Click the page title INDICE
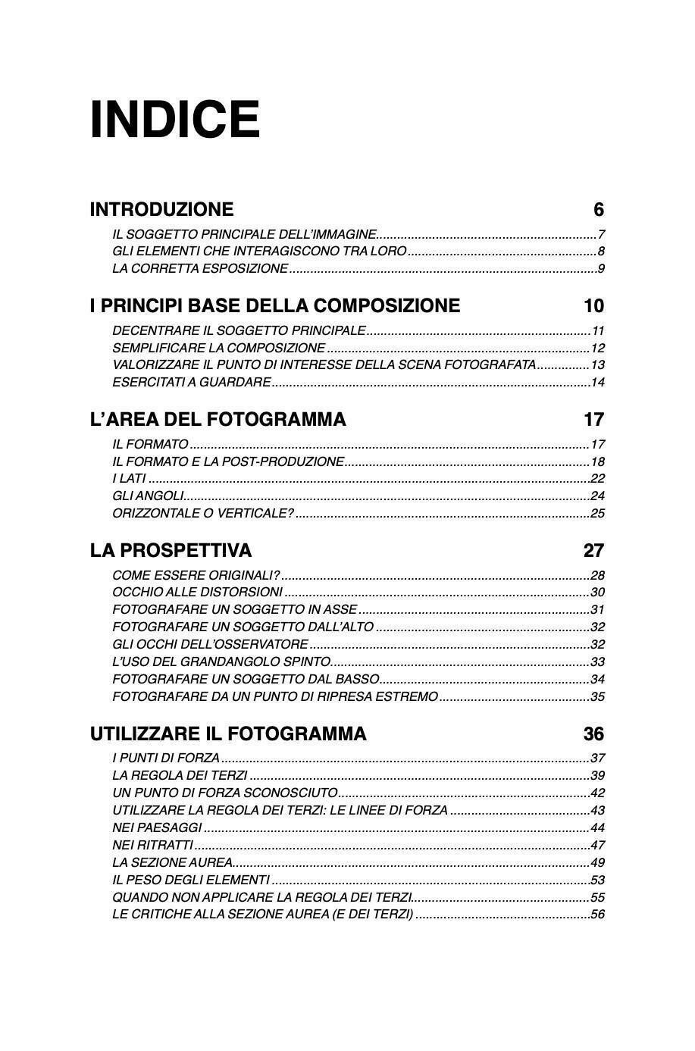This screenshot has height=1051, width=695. [x=175, y=120]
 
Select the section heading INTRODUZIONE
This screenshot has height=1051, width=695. [x=161, y=209]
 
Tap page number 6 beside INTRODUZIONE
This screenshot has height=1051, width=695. [x=599, y=209]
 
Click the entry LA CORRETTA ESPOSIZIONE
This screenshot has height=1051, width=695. [x=200, y=268]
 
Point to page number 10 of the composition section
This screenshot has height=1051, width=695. [x=594, y=306]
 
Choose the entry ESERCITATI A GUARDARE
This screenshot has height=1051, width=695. [x=191, y=382]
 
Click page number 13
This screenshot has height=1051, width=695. [x=597, y=364]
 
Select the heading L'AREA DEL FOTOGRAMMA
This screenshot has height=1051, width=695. [x=218, y=420]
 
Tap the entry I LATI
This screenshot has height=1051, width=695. [x=129, y=479]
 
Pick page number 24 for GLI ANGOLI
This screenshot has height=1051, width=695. [x=597, y=496]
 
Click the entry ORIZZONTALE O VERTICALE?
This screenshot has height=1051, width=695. [x=202, y=514]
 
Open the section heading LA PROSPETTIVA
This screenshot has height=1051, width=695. [x=171, y=550]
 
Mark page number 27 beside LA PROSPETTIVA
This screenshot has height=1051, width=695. [x=594, y=550]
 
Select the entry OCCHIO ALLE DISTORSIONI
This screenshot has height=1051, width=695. [x=197, y=593]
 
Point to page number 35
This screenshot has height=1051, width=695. [x=597, y=697]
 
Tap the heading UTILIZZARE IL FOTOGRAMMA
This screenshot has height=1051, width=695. [x=228, y=734]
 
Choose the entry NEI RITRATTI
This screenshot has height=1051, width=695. [x=152, y=846]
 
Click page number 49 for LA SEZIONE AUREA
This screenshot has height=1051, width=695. [x=597, y=863]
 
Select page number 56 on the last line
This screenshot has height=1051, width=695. [x=597, y=915]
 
